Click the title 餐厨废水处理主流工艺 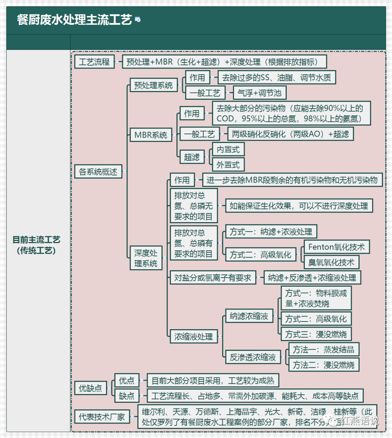point(74,20)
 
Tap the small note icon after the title point(138,19)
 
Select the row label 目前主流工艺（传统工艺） point(36,245)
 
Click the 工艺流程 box point(94,62)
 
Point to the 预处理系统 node point(154,85)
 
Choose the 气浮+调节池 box point(260,93)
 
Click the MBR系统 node point(151,135)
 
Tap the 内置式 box point(228,149)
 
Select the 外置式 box point(228,165)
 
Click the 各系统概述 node point(98,172)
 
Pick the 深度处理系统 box point(146,258)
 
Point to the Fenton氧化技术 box point(336,247)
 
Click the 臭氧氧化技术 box point(331,262)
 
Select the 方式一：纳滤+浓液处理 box point(271,232)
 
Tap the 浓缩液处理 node point(193,337)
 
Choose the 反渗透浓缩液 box point(253,357)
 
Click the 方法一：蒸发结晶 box point(323,349)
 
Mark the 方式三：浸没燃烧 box point(316,334)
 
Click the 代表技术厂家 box point(102,417)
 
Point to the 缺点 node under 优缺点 point(127,396)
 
